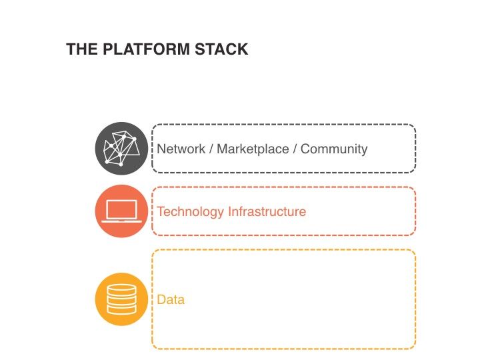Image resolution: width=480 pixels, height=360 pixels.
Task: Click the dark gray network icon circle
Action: click(x=121, y=148)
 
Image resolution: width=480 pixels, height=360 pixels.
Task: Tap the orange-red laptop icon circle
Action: click(x=121, y=211)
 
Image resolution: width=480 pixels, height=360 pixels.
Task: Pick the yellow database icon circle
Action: click(x=121, y=299)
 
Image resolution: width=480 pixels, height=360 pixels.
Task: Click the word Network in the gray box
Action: click(x=181, y=149)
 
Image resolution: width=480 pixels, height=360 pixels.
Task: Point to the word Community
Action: click(x=334, y=149)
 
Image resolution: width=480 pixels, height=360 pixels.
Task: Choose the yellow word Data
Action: click(x=171, y=300)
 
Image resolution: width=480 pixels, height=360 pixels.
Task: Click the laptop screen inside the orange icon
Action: click(x=121, y=209)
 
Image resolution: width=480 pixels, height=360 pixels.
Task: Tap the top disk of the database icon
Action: click(x=121, y=289)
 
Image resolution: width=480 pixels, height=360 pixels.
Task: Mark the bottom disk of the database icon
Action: click(x=121, y=310)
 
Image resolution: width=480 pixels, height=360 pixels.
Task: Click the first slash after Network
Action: click(x=211, y=149)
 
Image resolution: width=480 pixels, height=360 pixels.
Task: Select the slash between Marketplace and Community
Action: click(x=294, y=149)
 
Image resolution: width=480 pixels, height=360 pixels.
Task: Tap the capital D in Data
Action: click(x=161, y=300)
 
